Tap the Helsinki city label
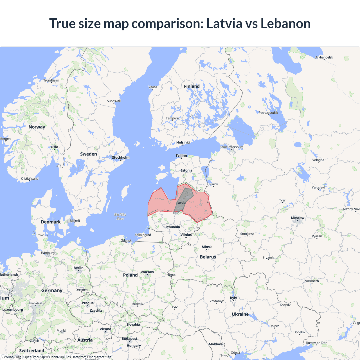coord(183,142)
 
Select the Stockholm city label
coord(121,157)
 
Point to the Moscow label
coord(298,218)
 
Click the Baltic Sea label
coord(120,217)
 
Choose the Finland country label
coord(192,86)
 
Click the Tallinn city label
coord(181,156)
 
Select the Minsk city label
coord(207,247)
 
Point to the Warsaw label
coord(147,272)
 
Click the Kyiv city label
coord(233,298)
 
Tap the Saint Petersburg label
coord(231,147)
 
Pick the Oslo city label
coord(55,147)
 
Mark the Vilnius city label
coord(186,235)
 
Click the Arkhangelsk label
coord(324,57)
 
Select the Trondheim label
coord(51,80)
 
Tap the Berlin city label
coord(78,268)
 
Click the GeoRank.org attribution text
coord(11,357)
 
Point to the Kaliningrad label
coord(143,235)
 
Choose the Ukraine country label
coord(240,314)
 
